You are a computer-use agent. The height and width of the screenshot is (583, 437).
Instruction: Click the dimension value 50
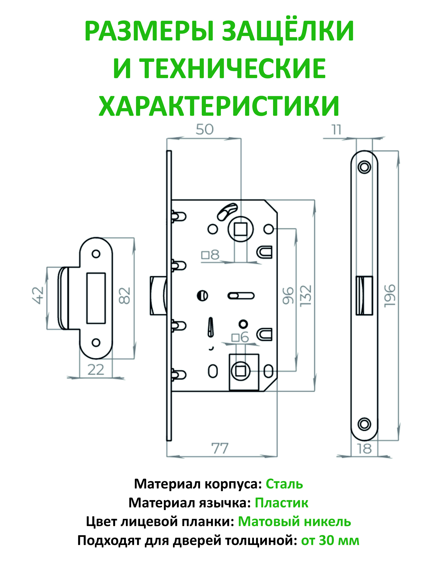point(204,130)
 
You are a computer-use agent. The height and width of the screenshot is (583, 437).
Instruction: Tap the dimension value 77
point(220,448)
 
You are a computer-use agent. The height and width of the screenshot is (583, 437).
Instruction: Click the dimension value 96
point(288,295)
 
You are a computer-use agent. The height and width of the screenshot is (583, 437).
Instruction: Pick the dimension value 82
point(124,295)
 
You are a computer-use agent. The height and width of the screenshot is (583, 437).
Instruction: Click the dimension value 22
point(96,370)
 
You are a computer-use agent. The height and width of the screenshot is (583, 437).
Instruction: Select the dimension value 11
point(336,130)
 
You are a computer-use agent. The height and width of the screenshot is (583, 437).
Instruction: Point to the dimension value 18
point(364,449)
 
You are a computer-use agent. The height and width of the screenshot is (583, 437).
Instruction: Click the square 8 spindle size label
point(210,255)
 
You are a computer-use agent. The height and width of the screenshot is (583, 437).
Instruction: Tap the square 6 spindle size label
point(240,337)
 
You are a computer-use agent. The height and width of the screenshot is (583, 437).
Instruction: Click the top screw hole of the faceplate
point(364,167)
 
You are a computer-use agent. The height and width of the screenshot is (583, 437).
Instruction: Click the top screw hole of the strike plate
point(96,254)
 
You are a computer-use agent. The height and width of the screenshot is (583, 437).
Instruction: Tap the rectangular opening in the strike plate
point(96,298)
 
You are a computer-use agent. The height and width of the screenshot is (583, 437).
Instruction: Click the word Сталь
point(284,484)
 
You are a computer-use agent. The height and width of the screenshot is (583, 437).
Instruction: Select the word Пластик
point(281,503)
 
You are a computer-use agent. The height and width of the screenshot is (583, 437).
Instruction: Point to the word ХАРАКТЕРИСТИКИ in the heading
point(219,106)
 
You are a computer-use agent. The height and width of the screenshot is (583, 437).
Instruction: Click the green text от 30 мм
point(330,541)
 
